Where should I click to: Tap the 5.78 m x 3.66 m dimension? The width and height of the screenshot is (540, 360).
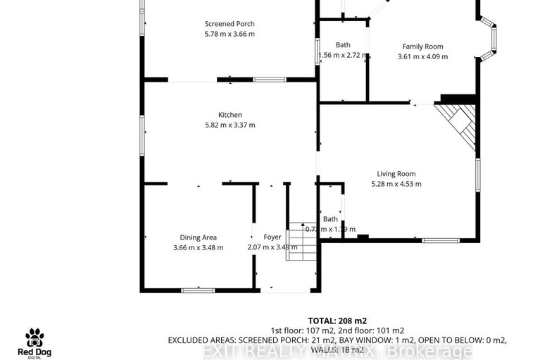[x=230, y=34]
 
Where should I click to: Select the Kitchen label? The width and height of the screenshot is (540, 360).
[x=230, y=115]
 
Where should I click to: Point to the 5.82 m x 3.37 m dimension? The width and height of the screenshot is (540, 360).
[x=230, y=125]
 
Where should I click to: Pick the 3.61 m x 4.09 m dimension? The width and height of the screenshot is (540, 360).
[x=422, y=57]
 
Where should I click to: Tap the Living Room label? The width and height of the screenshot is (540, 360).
[x=396, y=174]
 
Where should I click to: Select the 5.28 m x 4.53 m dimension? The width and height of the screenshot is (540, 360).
[x=396, y=185]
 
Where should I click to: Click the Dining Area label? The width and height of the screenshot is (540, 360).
[x=198, y=237]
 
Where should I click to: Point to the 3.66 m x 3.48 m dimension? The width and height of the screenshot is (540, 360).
[x=198, y=247]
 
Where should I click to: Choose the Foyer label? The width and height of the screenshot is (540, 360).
[x=272, y=237]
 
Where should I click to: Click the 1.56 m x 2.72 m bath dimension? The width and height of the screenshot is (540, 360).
[x=342, y=55]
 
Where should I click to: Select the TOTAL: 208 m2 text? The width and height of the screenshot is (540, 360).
[x=337, y=320]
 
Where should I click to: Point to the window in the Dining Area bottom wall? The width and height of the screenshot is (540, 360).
[x=198, y=290]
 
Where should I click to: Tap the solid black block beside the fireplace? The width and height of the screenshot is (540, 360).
[x=450, y=99]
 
